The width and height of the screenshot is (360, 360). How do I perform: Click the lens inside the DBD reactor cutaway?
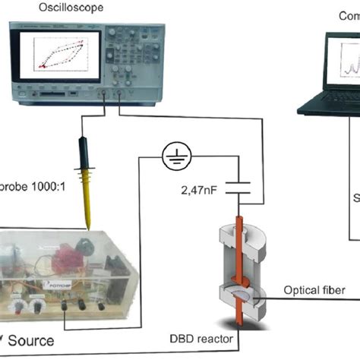(242, 289)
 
